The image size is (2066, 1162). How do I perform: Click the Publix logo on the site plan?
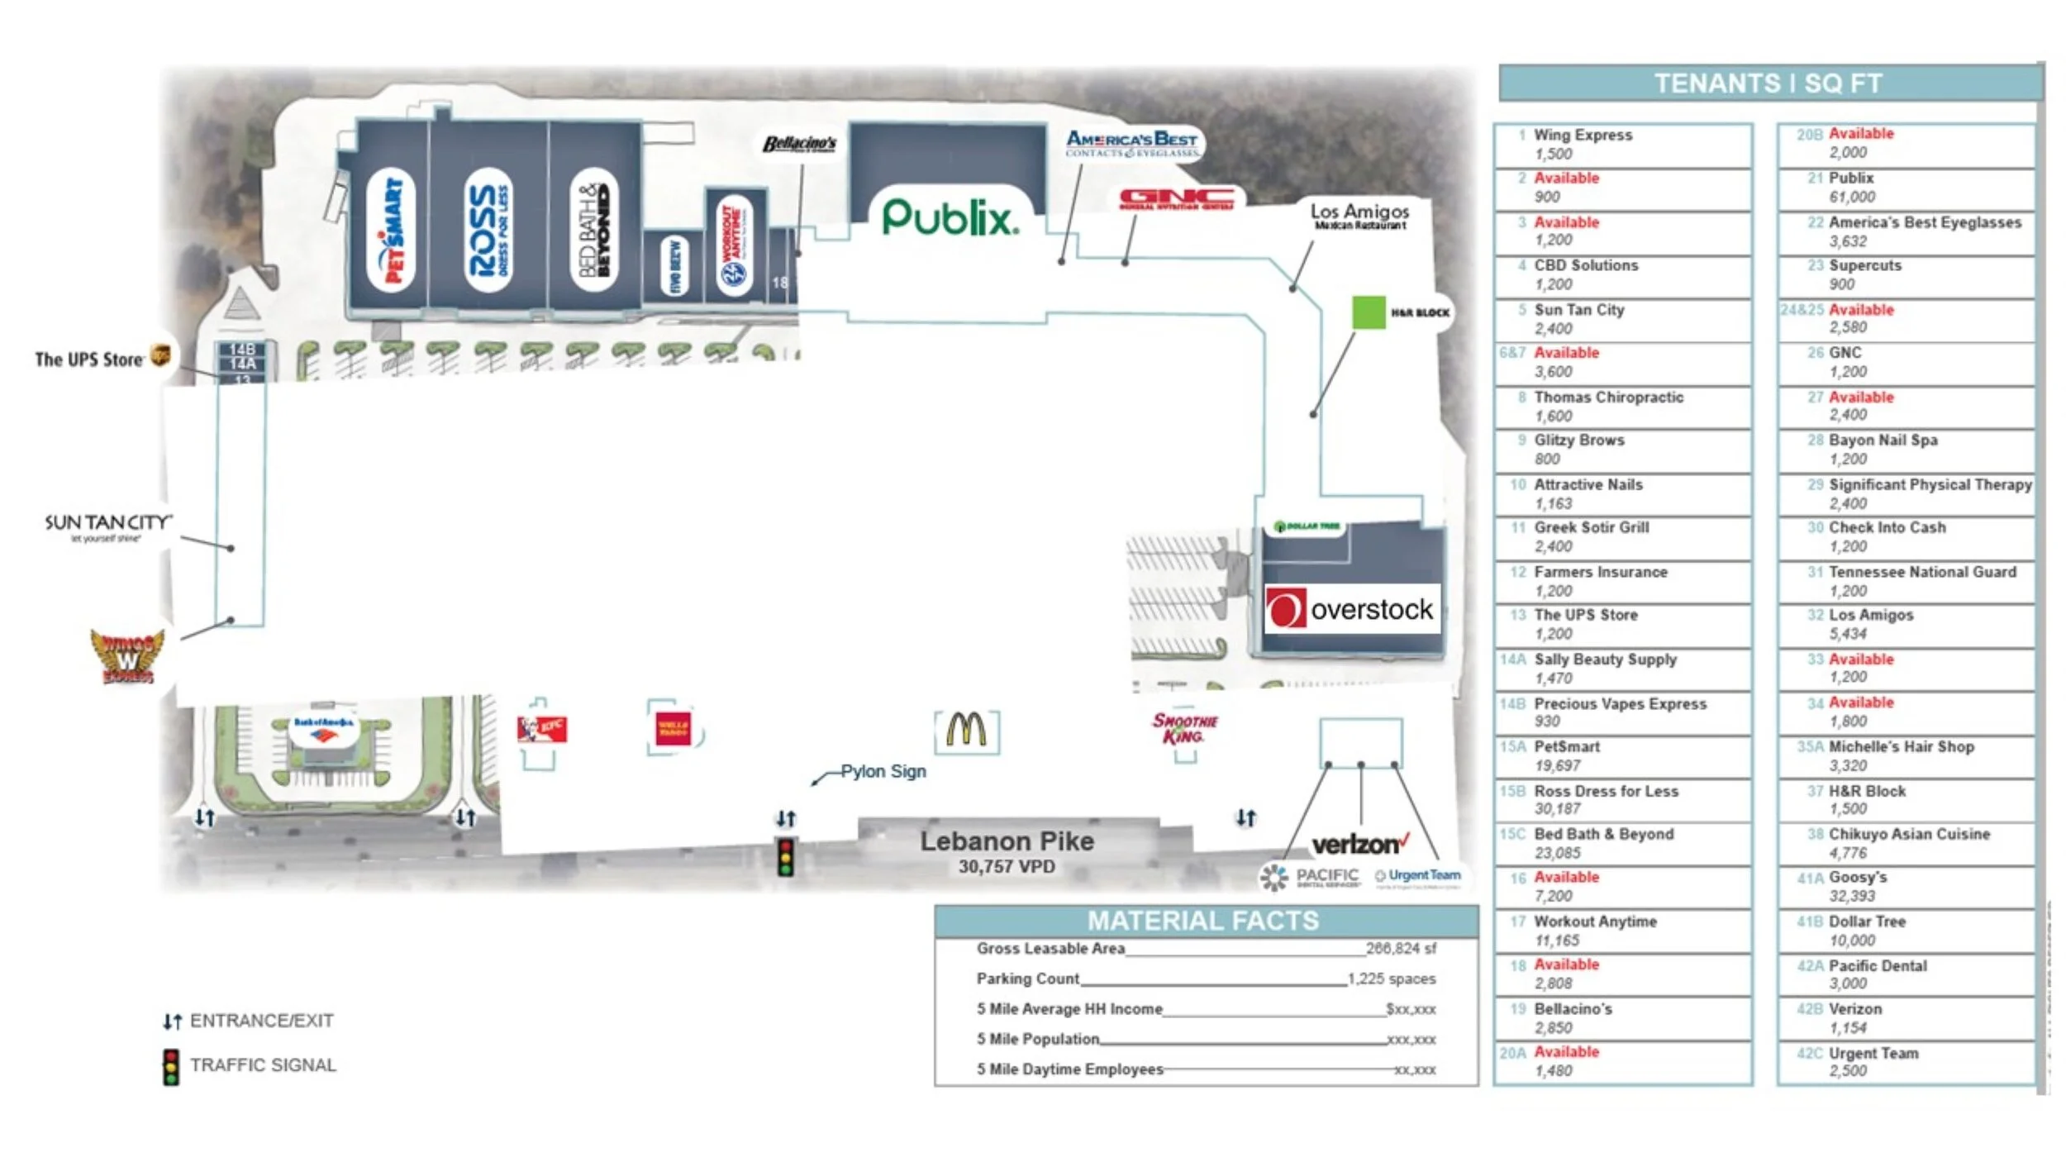[x=950, y=218]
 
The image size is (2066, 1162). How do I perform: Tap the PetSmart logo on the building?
[x=390, y=231]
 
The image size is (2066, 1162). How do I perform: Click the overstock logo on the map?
[x=1352, y=609]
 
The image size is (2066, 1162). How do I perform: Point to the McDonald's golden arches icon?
[x=966, y=731]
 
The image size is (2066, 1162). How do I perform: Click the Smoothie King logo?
[x=1184, y=728]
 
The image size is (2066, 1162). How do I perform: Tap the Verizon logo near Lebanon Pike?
[x=1359, y=845]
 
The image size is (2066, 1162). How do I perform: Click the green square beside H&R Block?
[x=1368, y=312]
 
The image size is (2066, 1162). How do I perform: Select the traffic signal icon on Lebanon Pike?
[x=785, y=857]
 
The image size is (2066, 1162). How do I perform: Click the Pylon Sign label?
[x=883, y=771]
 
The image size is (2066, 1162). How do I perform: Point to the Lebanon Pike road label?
[x=1007, y=841]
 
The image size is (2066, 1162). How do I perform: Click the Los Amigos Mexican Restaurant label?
[x=1359, y=216]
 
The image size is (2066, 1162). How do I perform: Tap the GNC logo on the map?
[x=1177, y=199]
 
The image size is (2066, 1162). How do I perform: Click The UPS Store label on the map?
[x=89, y=360]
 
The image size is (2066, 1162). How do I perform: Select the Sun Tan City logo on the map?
[x=107, y=526]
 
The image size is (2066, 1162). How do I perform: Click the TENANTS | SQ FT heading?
[x=1768, y=83]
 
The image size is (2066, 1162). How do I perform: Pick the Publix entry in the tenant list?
[x=1851, y=188]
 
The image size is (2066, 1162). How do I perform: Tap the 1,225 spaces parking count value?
[x=1391, y=979]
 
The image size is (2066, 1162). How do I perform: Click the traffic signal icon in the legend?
[x=171, y=1066]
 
